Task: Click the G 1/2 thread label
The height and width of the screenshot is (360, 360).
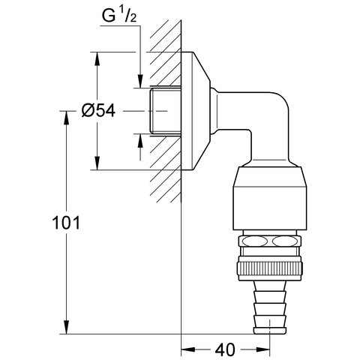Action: pyautogui.click(x=119, y=16)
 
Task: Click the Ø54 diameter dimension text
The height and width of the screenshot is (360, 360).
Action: pyautogui.click(x=98, y=110)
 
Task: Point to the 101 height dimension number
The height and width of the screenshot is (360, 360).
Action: pyautogui.click(x=66, y=223)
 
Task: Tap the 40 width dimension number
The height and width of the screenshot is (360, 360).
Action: pyautogui.click(x=225, y=349)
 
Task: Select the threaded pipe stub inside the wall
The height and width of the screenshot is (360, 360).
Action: pyautogui.click(x=165, y=111)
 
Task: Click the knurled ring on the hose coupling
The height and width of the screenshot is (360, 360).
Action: pyautogui.click(x=270, y=268)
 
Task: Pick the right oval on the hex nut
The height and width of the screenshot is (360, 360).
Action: pyautogui.click(x=285, y=241)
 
